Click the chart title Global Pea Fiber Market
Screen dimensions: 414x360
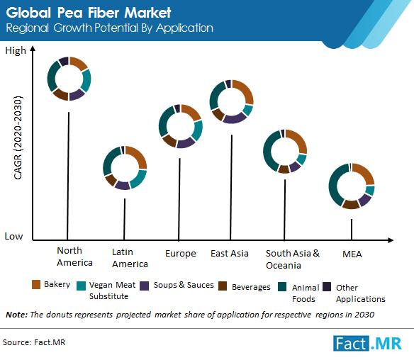pyautogui.click(x=89, y=13)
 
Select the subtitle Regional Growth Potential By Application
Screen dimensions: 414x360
pyautogui.click(x=109, y=28)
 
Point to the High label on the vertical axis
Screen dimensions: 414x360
pyautogui.click(x=16, y=50)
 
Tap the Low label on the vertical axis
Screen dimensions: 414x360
pyautogui.click(x=13, y=236)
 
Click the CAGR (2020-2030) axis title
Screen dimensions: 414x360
pyautogui.click(x=18, y=137)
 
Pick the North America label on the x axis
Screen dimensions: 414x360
pyautogui.click(x=74, y=257)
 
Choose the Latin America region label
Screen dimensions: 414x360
pyautogui.click(x=130, y=258)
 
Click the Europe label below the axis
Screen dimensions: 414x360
pyautogui.click(x=181, y=254)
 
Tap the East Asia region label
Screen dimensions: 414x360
pyautogui.click(x=230, y=254)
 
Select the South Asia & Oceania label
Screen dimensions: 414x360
pyautogui.click(x=293, y=259)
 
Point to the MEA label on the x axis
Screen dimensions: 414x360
pyautogui.click(x=352, y=254)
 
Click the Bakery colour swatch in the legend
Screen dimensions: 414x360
pyautogui.click(x=36, y=284)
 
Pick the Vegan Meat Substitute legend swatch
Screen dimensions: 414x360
pyautogui.click(x=81, y=286)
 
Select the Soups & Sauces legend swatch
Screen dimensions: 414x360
pyautogui.click(x=144, y=286)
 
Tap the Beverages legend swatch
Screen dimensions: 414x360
pyautogui.click(x=223, y=286)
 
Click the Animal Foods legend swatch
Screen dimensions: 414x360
pyautogui.click(x=282, y=286)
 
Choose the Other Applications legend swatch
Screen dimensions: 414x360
pyautogui.click(x=327, y=286)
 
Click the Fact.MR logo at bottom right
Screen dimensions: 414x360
pyautogui.click(x=367, y=344)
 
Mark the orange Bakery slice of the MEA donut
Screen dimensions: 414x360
pyautogui.click(x=366, y=172)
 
